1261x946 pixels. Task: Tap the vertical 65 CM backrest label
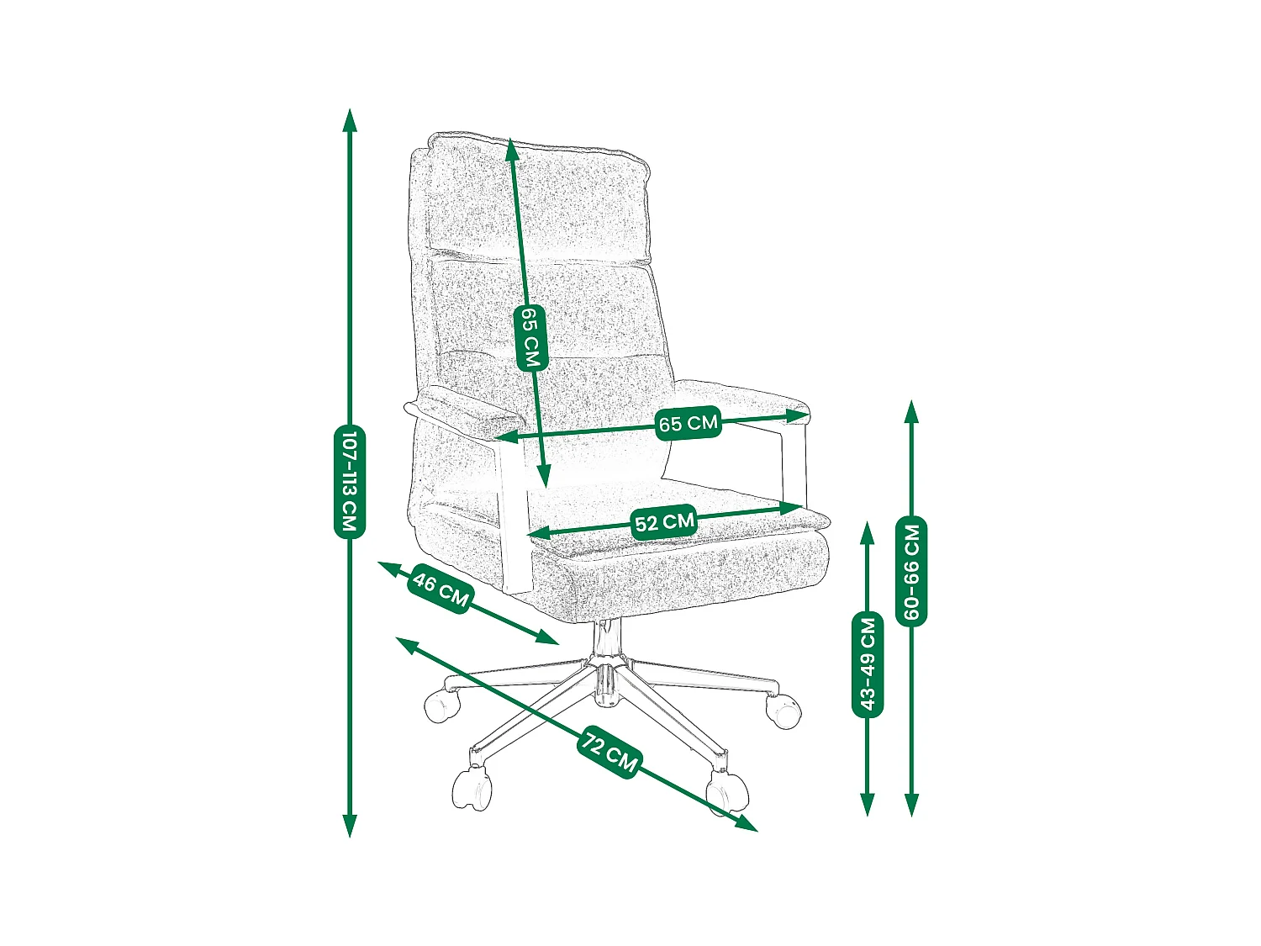point(530,337)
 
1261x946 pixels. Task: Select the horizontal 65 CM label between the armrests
point(689,422)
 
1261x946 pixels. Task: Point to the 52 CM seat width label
point(664,523)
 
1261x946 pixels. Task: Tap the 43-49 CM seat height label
point(868,663)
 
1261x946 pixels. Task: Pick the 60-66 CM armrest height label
point(912,571)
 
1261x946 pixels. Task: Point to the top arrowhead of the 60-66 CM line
point(911,410)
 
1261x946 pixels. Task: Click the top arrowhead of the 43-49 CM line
point(868,531)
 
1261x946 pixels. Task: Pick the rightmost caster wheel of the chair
point(784,711)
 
